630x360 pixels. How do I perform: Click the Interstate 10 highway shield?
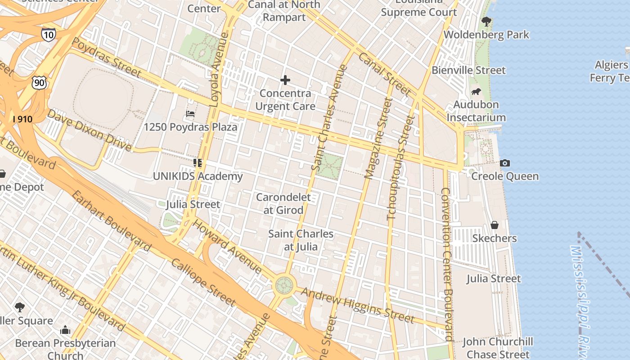48,35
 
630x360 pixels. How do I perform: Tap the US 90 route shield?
39,82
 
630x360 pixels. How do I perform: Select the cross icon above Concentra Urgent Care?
285,81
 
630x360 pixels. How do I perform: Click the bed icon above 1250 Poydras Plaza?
190,114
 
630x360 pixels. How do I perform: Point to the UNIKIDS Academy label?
198,176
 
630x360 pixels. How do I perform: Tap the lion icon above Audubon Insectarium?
476,92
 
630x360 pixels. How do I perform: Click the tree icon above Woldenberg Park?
486,21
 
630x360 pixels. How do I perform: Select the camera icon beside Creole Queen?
505,163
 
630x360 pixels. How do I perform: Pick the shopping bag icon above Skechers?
494,225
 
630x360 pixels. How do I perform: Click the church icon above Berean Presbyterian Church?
65,330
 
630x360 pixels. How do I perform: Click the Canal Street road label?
384,74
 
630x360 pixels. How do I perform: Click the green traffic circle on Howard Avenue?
284,285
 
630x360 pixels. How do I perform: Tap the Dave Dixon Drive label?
89,130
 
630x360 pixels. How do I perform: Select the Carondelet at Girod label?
283,203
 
